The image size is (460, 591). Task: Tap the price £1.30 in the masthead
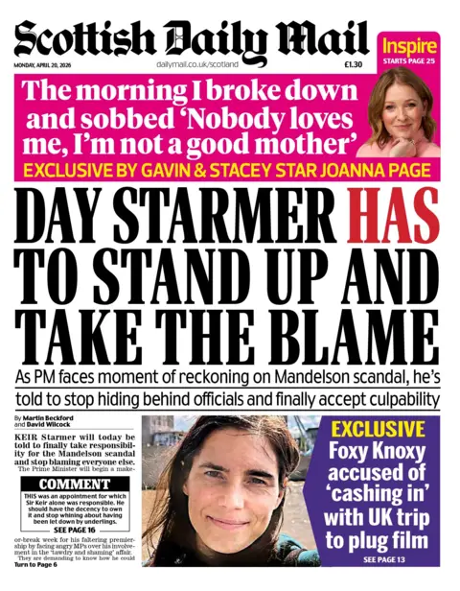click(353, 63)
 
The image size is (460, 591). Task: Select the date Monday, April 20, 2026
click(47, 63)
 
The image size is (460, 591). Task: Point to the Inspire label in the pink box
click(409, 44)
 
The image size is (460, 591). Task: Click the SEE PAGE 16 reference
click(73, 530)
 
